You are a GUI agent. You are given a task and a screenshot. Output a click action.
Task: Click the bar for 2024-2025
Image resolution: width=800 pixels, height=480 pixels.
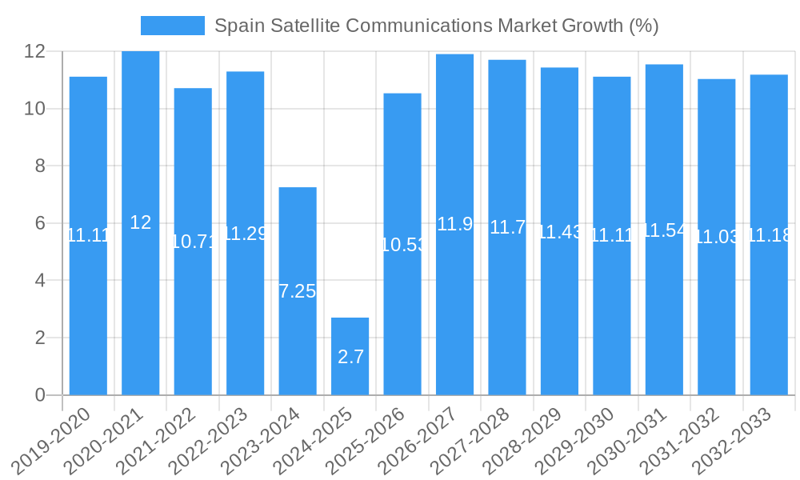pos(350,356)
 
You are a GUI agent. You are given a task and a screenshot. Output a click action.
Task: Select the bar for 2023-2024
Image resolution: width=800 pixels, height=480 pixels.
pos(298,290)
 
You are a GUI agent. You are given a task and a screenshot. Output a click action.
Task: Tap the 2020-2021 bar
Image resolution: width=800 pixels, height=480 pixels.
pos(140,222)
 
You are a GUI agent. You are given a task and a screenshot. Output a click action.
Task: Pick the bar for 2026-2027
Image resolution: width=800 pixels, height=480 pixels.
pos(454,224)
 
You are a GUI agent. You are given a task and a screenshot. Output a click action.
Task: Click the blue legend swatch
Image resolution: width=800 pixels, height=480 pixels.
pos(172,26)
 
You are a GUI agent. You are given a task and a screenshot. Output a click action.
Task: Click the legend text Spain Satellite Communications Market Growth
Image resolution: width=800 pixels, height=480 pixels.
pos(436,26)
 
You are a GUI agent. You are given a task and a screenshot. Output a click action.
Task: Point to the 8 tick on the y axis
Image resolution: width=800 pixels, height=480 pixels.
pos(38,166)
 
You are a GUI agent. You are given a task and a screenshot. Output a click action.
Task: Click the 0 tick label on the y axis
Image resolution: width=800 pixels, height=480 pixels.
pos(38,395)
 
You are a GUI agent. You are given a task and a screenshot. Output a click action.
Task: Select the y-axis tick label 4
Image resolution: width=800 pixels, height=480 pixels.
pos(38,281)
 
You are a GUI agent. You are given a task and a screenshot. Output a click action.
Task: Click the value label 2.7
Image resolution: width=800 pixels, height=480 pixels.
pos(350,357)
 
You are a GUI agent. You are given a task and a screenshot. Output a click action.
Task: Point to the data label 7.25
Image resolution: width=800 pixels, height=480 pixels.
pos(298,291)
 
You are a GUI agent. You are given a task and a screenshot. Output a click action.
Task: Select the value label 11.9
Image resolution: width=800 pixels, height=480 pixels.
pos(454,224)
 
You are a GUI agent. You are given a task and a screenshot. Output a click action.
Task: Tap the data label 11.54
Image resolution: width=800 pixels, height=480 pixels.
pos(664,230)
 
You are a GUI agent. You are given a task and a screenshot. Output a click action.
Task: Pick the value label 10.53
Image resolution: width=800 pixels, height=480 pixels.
pos(402,245)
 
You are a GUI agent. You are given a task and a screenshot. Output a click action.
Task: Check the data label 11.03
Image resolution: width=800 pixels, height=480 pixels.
pos(717,238)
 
